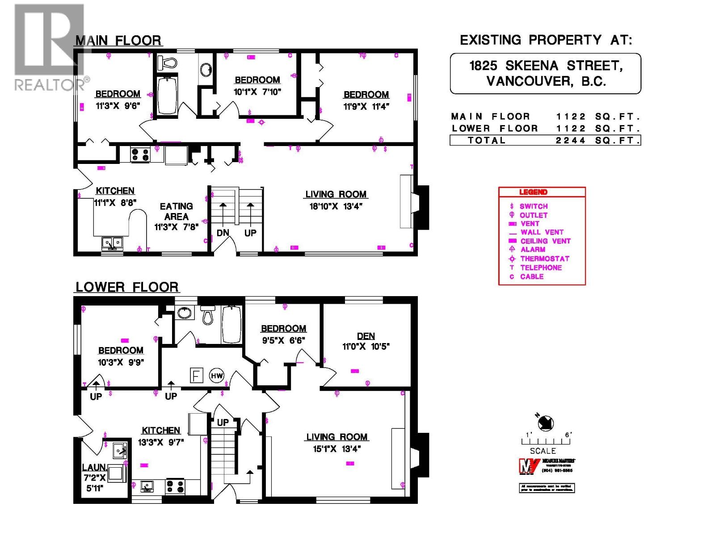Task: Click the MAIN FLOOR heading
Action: click(118, 41)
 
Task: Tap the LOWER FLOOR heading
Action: click(127, 287)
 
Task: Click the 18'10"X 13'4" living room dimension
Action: click(336, 206)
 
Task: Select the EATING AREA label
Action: click(176, 211)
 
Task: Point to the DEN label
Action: click(366, 336)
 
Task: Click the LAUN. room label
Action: click(94, 468)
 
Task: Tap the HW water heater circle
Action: click(217, 376)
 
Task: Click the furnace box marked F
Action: click(196, 375)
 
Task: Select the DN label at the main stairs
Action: click(223, 233)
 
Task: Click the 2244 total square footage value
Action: click(571, 140)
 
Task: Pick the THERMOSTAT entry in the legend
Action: click(545, 259)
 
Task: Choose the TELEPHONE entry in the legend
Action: click(541, 268)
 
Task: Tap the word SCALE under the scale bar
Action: click(543, 451)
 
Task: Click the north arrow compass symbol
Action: click(546, 423)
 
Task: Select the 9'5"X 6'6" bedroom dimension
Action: click(283, 340)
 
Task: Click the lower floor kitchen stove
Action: click(175, 486)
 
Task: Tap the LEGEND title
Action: click(533, 192)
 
